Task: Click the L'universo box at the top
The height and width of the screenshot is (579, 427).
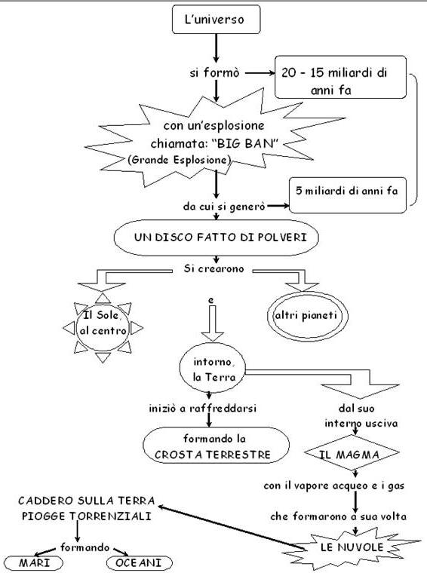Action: (x=216, y=20)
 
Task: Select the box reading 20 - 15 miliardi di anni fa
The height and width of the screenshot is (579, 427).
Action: (x=340, y=77)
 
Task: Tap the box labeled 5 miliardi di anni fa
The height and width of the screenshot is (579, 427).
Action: (x=347, y=195)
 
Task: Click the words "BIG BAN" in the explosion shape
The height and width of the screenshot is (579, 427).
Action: (x=246, y=143)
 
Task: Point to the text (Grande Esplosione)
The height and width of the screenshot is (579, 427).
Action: (x=180, y=160)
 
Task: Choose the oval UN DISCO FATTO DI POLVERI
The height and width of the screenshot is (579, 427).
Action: (x=216, y=237)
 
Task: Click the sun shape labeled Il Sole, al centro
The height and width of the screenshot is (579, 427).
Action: (x=103, y=327)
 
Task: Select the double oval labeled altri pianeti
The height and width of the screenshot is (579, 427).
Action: (x=307, y=316)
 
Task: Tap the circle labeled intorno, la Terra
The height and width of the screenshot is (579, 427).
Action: (x=213, y=368)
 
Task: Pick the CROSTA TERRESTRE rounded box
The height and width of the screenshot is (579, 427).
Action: (x=216, y=446)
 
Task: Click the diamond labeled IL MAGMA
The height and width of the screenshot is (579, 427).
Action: (x=352, y=452)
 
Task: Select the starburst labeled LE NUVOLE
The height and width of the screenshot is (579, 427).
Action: (x=352, y=547)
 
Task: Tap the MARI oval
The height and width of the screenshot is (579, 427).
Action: (x=34, y=562)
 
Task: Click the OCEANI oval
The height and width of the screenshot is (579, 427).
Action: (x=140, y=562)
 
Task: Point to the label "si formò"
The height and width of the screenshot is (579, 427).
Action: (x=214, y=72)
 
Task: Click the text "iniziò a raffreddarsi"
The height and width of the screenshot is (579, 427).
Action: (x=202, y=409)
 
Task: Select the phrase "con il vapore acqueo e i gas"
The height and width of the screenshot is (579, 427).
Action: (x=334, y=486)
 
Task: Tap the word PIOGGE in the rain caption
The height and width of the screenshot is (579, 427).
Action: (x=44, y=516)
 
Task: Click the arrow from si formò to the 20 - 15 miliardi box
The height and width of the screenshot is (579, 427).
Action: (x=260, y=73)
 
